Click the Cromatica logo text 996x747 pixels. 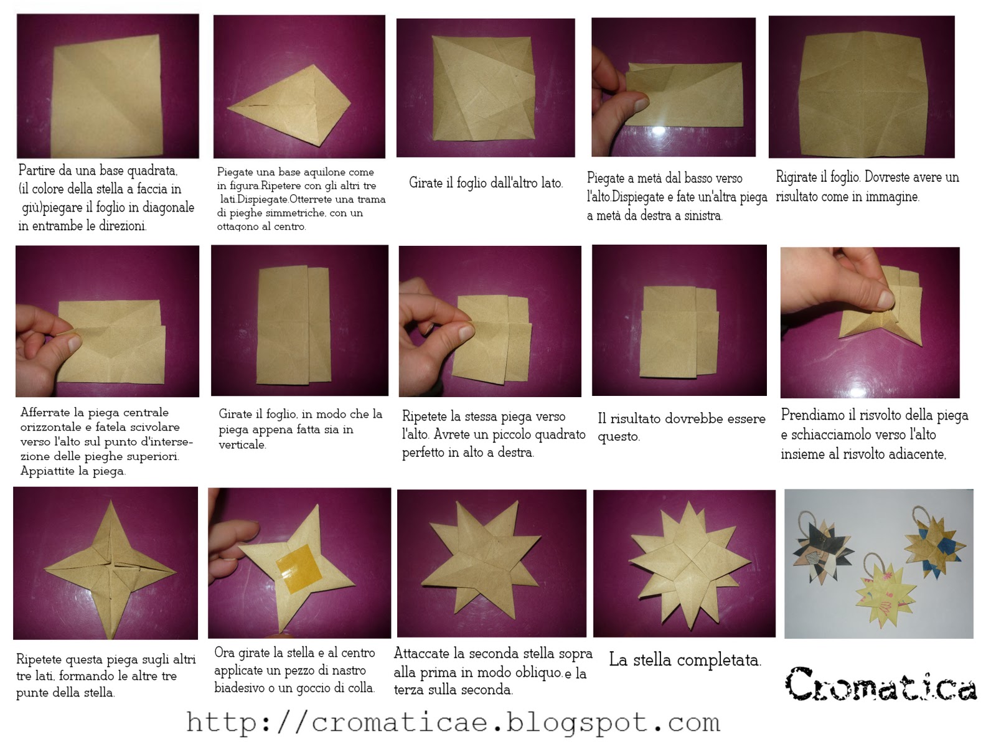(x=880, y=684)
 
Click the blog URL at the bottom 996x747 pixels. (x=453, y=722)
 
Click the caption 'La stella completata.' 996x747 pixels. (x=685, y=660)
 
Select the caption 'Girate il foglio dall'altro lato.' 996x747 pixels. (x=486, y=183)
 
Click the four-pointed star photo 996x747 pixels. (x=106, y=563)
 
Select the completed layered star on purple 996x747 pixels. (x=684, y=563)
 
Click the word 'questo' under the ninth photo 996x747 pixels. (x=618, y=436)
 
